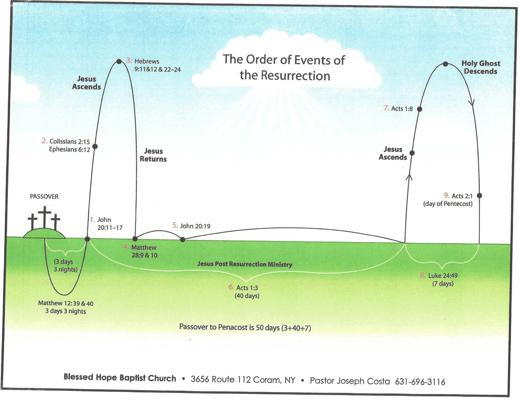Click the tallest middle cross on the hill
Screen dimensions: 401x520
coord(45,217)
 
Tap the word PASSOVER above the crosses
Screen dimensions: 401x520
coord(44,196)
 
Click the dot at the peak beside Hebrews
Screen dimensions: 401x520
coord(119,62)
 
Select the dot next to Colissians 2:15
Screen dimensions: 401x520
coord(95,146)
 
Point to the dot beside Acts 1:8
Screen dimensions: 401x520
coord(420,109)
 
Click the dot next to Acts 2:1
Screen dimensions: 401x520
coord(479,195)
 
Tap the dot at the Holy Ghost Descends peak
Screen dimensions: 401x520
coord(446,64)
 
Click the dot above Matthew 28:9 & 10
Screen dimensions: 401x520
coord(135,239)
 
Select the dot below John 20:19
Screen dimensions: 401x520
coord(183,240)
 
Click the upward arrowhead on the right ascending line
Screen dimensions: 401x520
coord(409,177)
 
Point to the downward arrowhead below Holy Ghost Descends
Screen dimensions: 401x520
coord(472,103)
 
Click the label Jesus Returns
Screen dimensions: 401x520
coord(153,155)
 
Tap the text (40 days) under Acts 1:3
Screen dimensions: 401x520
coord(247,296)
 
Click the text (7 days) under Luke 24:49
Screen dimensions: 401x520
coord(443,284)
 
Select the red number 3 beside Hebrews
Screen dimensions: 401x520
coord(129,60)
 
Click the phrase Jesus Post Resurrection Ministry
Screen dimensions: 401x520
coord(245,264)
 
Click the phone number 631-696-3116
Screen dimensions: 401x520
coord(420,382)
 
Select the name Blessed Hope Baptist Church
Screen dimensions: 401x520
coord(120,378)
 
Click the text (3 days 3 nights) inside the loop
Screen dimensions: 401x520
coord(65,266)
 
